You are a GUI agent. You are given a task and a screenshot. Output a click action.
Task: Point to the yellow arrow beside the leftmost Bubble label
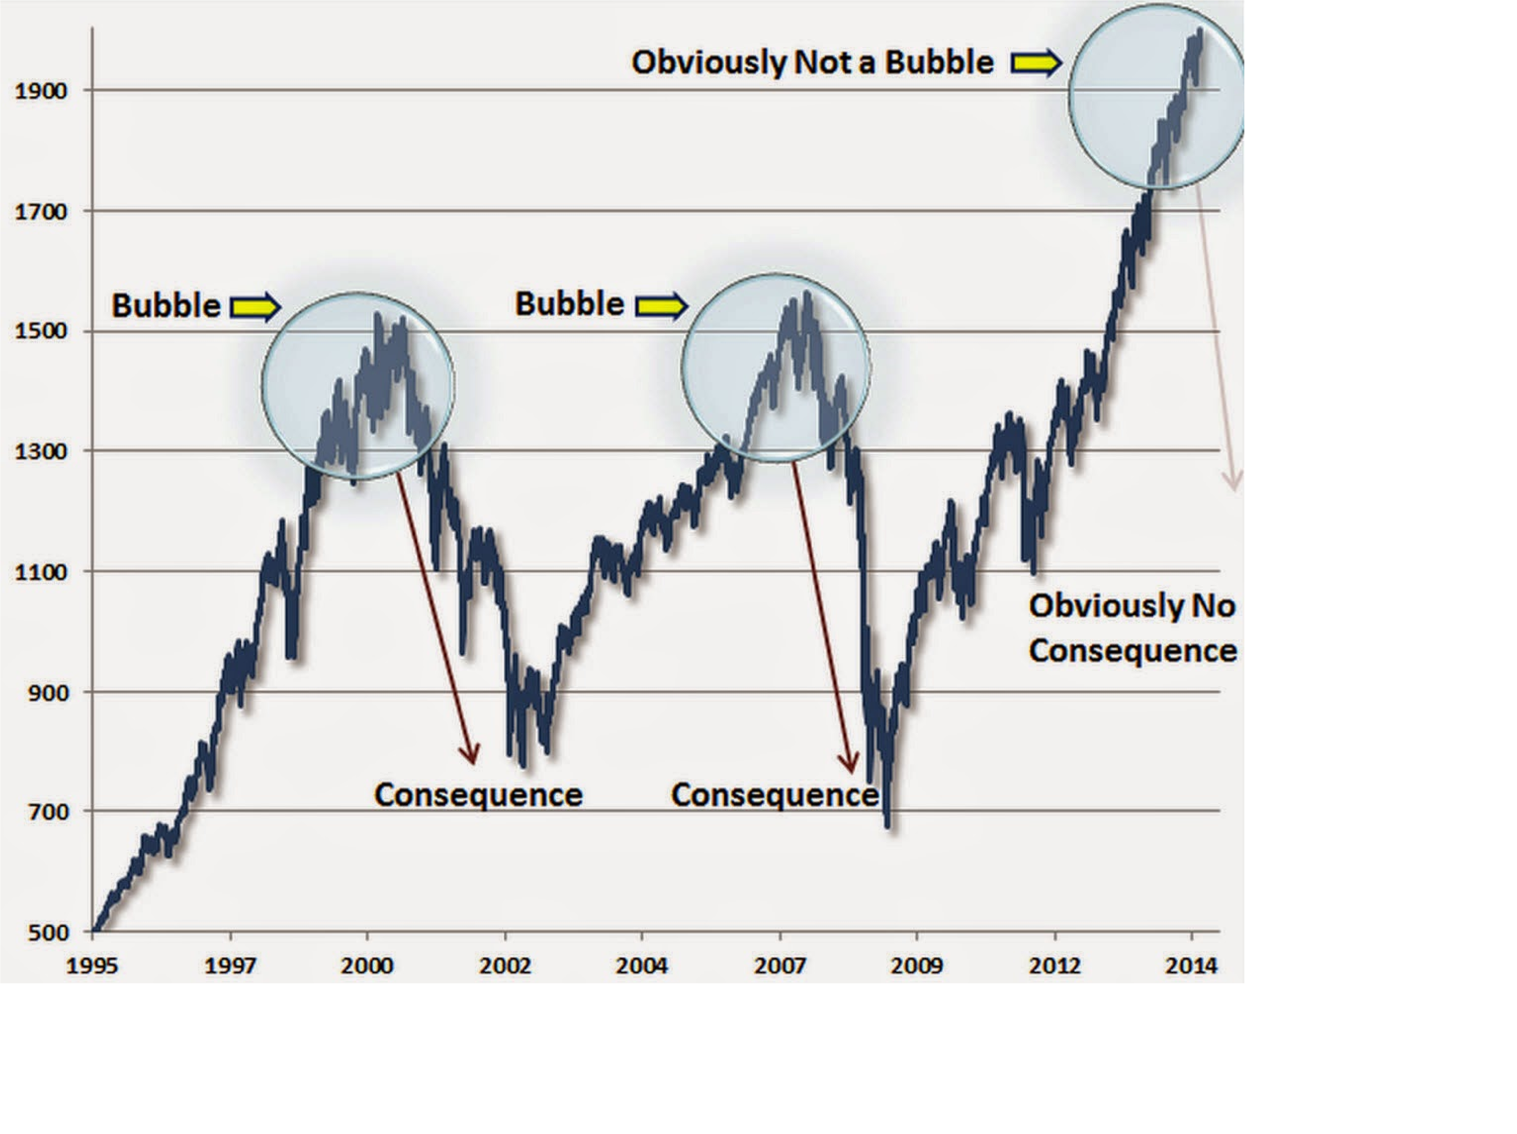coord(255,307)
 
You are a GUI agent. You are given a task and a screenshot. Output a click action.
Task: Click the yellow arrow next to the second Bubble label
coord(661,306)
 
